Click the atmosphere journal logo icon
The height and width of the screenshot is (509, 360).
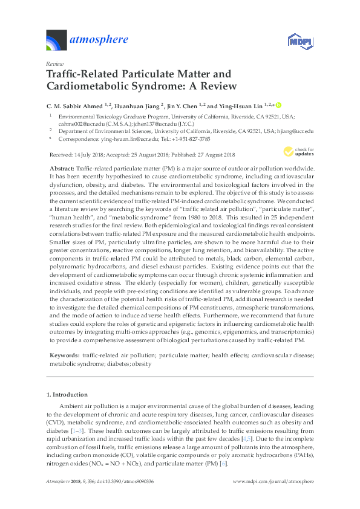[x=57, y=41]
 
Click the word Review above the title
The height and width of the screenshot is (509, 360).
[x=55, y=63]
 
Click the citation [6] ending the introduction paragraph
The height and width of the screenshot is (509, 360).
[x=224, y=462]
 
